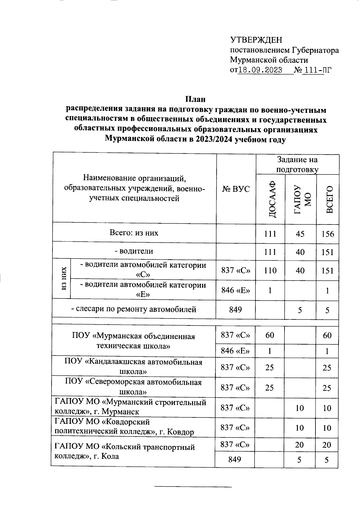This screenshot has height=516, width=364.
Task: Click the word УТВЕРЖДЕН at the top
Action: (x=256, y=40)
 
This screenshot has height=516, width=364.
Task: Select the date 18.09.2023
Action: (x=261, y=70)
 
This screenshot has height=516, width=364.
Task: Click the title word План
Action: (x=195, y=99)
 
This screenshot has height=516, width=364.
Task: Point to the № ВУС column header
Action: (x=236, y=189)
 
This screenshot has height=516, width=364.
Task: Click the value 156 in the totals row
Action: (x=328, y=234)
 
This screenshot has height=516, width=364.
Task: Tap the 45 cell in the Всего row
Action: (x=300, y=234)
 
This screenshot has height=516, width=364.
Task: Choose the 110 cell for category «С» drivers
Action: (x=270, y=270)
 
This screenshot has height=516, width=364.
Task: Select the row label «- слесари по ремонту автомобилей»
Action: (x=134, y=309)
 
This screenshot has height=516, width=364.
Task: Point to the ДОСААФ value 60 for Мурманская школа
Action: (x=270, y=335)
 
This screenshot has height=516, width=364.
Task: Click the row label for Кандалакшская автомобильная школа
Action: (x=134, y=366)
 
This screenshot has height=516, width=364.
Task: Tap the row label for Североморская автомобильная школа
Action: (x=134, y=387)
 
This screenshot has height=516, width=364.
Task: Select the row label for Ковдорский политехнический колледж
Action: (x=124, y=427)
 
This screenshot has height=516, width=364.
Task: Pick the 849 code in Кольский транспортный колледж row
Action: (x=235, y=459)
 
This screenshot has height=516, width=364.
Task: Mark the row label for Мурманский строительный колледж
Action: (x=130, y=407)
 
